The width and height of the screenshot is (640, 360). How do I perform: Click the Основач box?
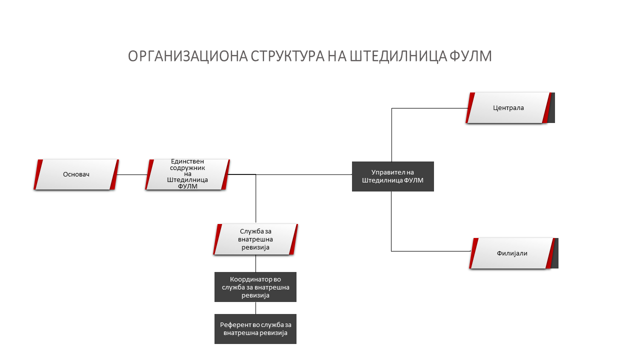tap(76, 174)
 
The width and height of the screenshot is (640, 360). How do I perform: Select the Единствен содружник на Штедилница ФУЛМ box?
tap(187, 174)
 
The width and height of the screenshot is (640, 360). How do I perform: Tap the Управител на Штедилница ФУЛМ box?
tap(393, 176)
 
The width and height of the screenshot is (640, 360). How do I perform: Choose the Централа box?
tap(508, 108)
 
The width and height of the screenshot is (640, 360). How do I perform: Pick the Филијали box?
tap(512, 253)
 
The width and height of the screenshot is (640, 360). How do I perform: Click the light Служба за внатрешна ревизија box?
tap(255, 239)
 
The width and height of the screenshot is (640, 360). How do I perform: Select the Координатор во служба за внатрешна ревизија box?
tap(255, 287)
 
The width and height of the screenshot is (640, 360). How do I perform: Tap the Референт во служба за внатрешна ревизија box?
tap(255, 329)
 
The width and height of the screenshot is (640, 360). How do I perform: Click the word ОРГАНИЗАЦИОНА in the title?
tap(187, 56)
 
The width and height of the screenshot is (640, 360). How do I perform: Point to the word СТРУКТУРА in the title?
tap(287, 56)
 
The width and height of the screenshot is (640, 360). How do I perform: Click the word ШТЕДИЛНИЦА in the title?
tap(398, 56)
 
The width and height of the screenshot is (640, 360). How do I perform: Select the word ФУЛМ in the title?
tap(471, 56)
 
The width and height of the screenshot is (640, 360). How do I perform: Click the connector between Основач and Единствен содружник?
tap(132, 174)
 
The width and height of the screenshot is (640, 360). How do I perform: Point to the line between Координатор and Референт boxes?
tap(255, 308)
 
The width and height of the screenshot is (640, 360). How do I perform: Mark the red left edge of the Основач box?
tap(38, 174)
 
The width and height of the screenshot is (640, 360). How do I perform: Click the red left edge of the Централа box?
tap(470, 108)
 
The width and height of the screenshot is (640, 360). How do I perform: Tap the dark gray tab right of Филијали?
tap(555, 253)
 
